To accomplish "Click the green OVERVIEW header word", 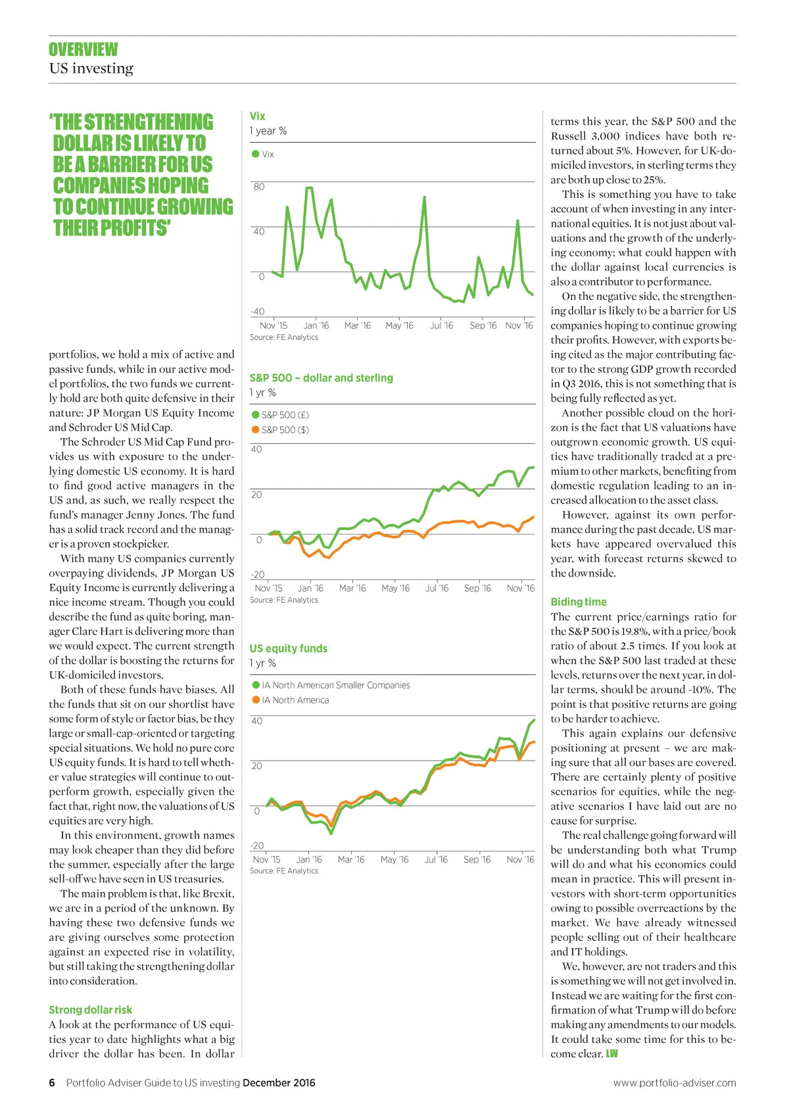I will [x=83, y=49].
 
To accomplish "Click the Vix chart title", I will [x=257, y=116].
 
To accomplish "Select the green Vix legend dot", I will [x=255, y=154].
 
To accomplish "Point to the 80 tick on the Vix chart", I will [x=259, y=187].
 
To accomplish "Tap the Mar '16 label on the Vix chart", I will [x=357, y=325].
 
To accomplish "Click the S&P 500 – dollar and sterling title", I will [x=321, y=378].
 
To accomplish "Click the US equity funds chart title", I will [x=288, y=648].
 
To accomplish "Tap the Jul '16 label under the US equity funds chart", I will [x=435, y=859].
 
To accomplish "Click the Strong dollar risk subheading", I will [x=90, y=1010].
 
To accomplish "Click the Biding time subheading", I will [x=579, y=602].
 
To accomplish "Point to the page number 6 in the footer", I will [x=52, y=1083].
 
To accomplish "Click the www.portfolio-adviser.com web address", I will [x=675, y=1083].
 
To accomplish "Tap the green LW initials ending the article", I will [x=611, y=1054].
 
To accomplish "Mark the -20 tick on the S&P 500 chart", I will [x=257, y=575].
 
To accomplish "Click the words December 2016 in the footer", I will [x=279, y=1083].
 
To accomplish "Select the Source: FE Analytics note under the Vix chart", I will [x=283, y=337].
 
